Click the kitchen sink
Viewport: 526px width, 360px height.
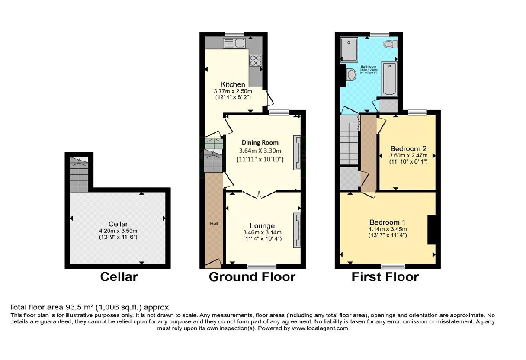[234, 42]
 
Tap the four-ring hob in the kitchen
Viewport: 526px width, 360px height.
[255, 60]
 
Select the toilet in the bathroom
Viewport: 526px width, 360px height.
[390, 43]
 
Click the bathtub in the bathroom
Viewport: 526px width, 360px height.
[390, 79]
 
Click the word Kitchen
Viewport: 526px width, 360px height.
[233, 84]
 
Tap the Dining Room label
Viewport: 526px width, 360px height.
[260, 142]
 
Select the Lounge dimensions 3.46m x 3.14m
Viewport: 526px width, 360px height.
[262, 232]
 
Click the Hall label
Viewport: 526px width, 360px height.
[213, 223]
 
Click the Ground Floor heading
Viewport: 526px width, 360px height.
[252, 277]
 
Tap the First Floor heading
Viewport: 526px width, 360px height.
[385, 277]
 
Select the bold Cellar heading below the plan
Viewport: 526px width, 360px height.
[119, 277]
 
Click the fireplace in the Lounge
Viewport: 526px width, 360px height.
[297, 230]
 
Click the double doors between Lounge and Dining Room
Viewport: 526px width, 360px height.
[259, 194]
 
